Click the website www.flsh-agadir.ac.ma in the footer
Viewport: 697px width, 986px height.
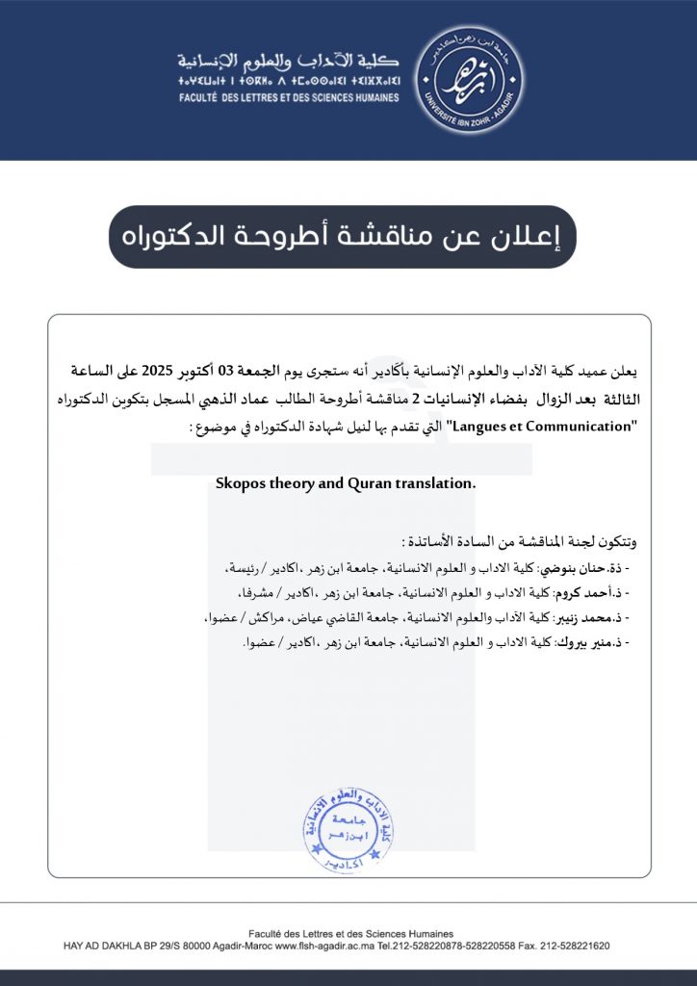(x=326, y=947)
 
